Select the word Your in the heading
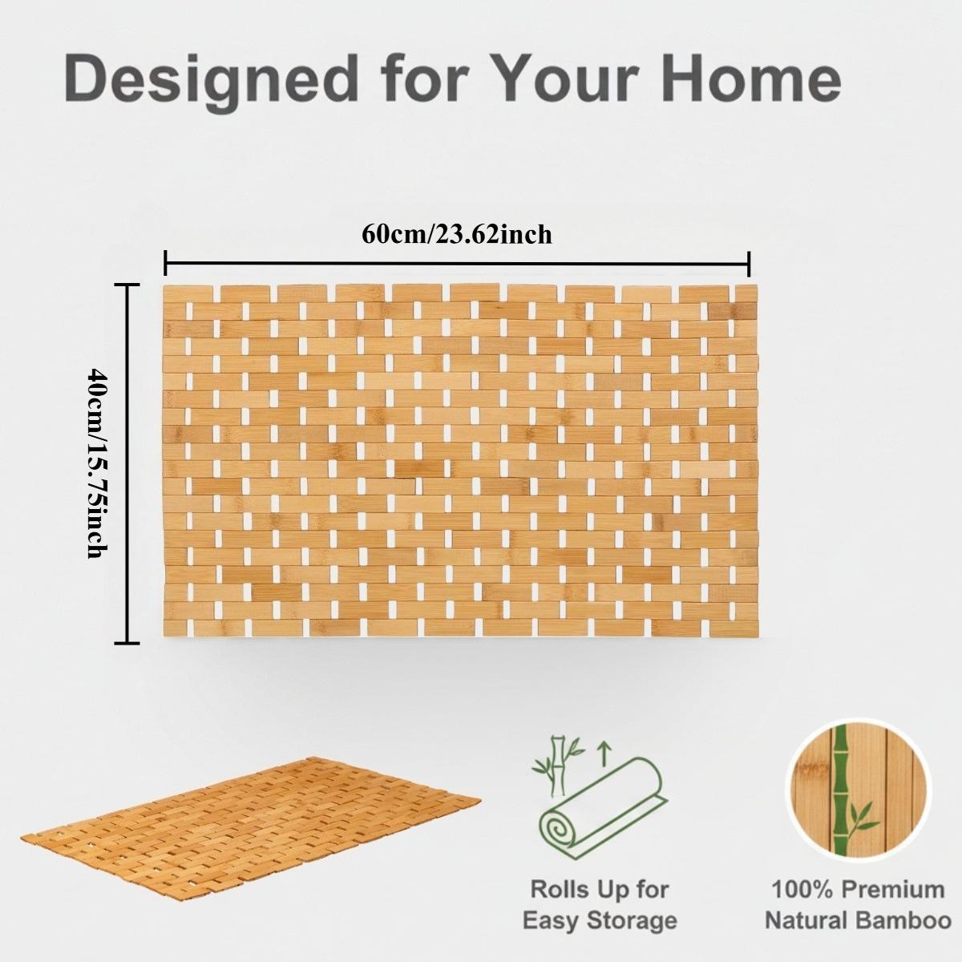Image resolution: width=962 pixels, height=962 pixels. pyautogui.click(x=560, y=79)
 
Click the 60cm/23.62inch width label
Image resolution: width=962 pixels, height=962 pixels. pyautogui.click(x=457, y=234)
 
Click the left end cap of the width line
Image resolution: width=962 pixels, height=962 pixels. pyautogui.click(x=165, y=263)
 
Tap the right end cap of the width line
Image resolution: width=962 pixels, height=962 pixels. pyautogui.click(x=749, y=263)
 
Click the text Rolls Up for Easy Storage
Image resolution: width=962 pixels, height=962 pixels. pyautogui.click(x=599, y=904)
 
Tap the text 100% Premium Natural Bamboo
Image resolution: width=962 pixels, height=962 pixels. pyautogui.click(x=857, y=904)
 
